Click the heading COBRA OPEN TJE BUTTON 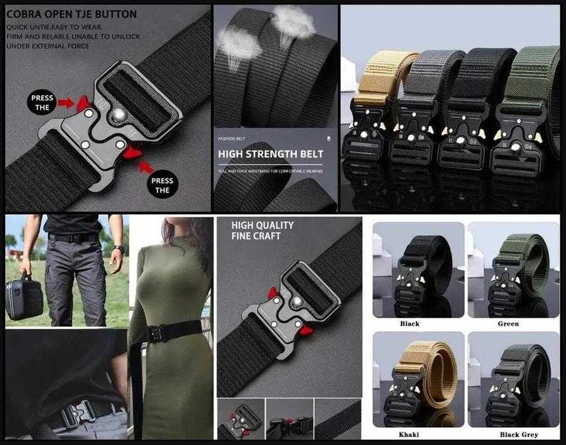click(72, 14)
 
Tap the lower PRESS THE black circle click(162, 185)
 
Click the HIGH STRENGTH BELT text click(271, 154)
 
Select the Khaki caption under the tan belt click(409, 434)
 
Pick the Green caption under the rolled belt click(507, 324)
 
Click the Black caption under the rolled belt click(409, 324)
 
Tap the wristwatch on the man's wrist click(119, 249)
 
